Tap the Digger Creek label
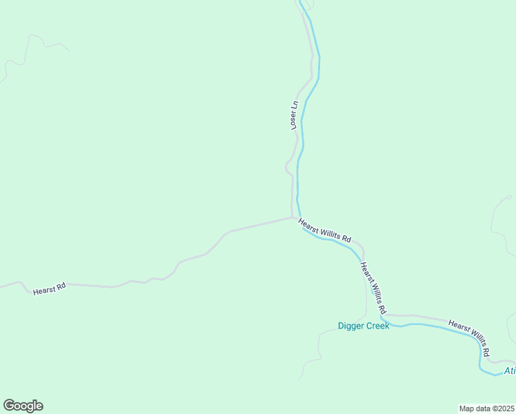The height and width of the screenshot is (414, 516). [x=364, y=326]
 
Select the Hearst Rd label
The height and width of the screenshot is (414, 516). [x=49, y=288]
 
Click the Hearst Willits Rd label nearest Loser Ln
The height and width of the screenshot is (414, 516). [x=324, y=230]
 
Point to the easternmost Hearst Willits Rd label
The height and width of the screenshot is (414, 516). [x=469, y=337]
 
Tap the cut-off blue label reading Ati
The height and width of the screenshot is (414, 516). [x=509, y=371]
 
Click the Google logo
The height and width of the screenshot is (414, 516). [x=23, y=406]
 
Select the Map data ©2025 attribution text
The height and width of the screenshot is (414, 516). [x=486, y=408]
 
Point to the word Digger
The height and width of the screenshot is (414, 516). [x=350, y=326]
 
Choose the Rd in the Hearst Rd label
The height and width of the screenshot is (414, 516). [x=60, y=286]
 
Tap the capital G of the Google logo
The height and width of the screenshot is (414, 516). [x=9, y=406]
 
